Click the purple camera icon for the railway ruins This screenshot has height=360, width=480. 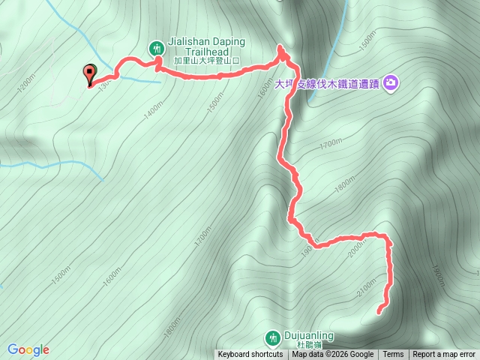pyautogui.click(x=391, y=82)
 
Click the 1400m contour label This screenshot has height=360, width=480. pyautogui.click(x=154, y=112)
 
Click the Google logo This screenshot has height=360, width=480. pyautogui.click(x=28, y=349)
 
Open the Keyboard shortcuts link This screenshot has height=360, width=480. pyautogui.click(x=250, y=355)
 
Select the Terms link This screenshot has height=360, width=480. pyautogui.click(x=393, y=355)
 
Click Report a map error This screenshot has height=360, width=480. pyautogui.click(x=444, y=355)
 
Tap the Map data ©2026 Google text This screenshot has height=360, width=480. pyautogui.click(x=333, y=355)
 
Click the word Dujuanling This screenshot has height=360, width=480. pyautogui.click(x=309, y=336)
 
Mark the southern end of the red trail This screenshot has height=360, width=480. pyautogui.click(x=378, y=310)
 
